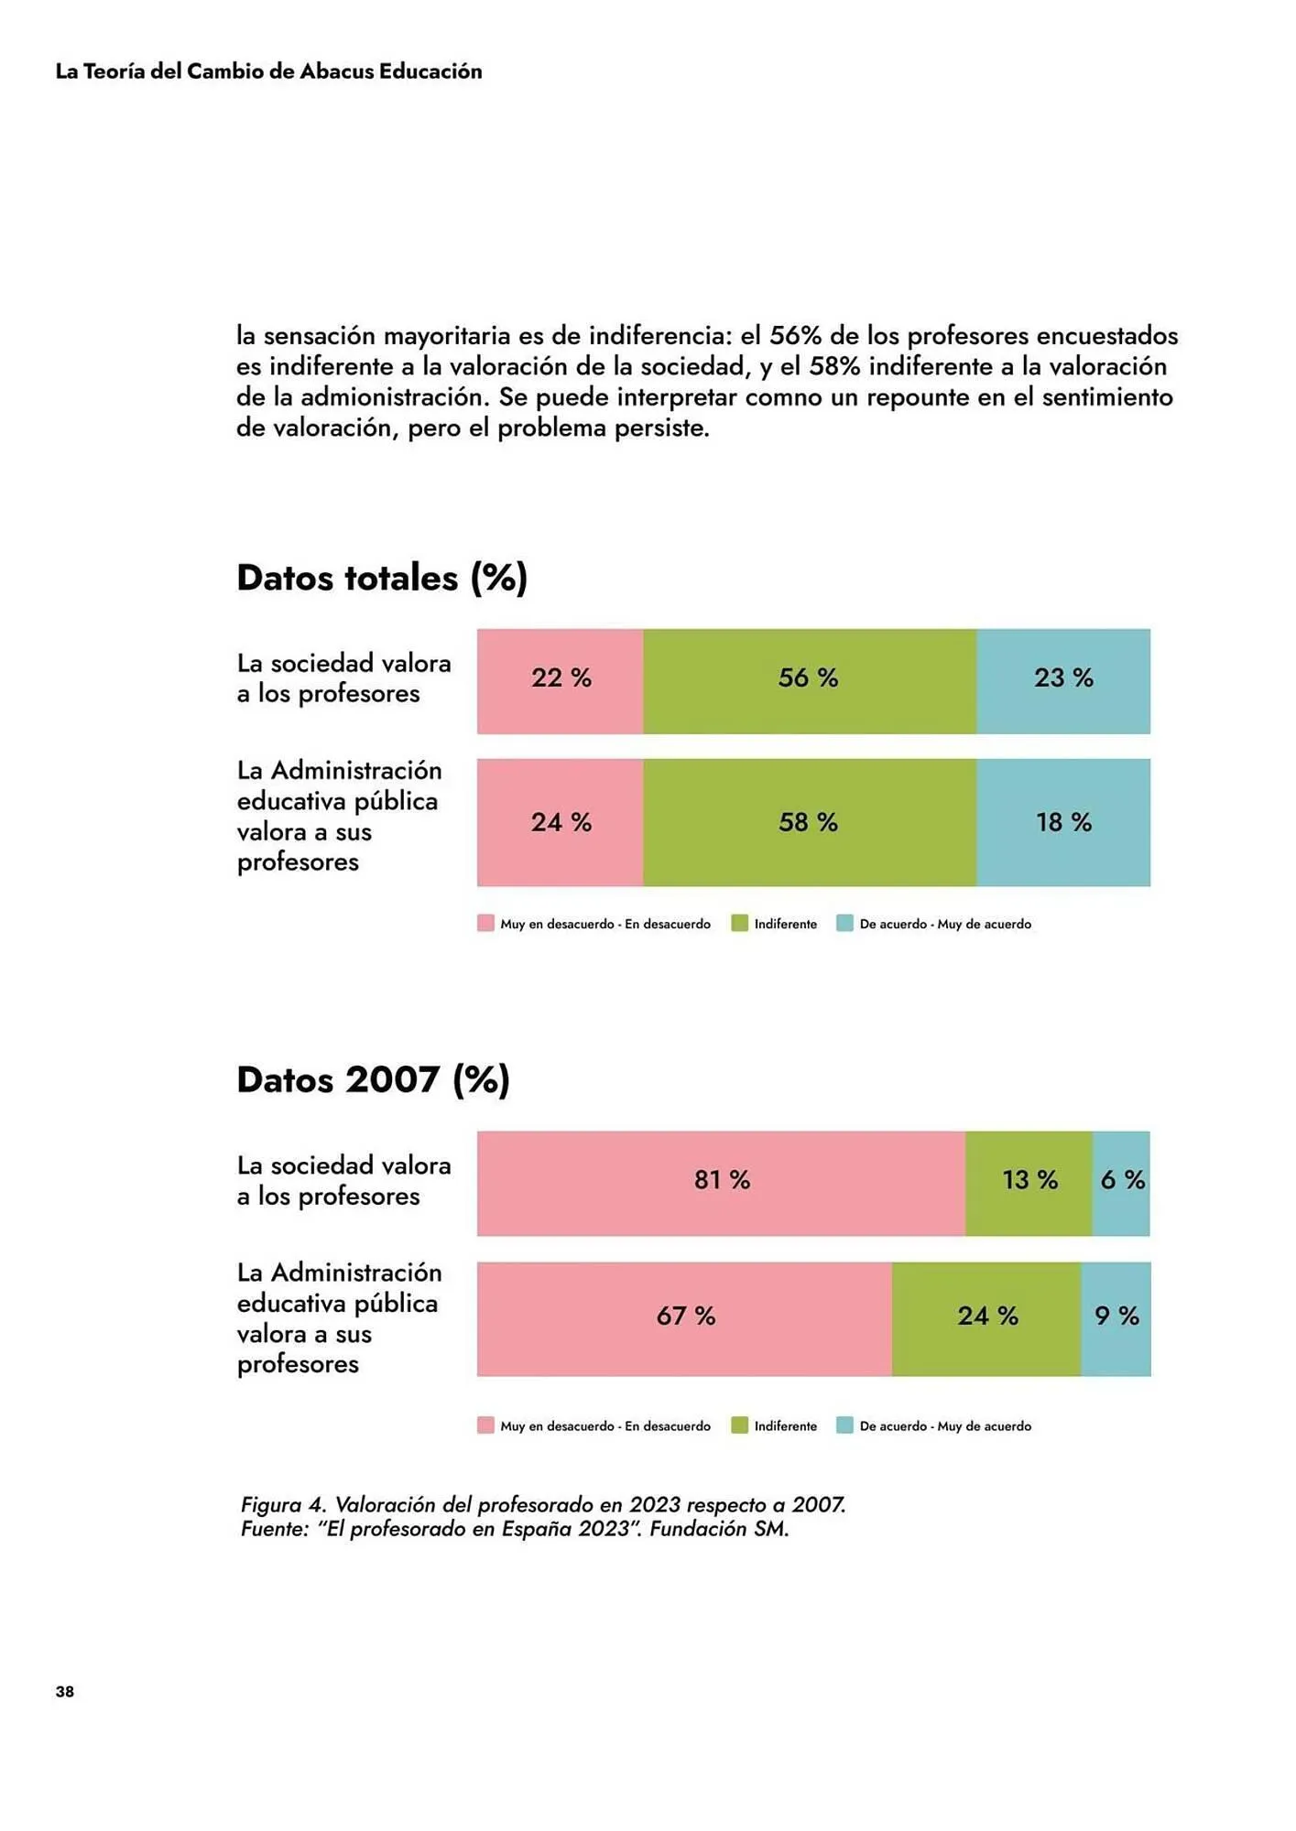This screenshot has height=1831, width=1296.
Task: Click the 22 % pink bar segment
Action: [560, 680]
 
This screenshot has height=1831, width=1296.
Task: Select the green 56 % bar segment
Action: [809, 680]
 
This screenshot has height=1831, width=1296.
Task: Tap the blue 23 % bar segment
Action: [1062, 680]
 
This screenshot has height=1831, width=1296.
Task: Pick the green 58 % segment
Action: [809, 821]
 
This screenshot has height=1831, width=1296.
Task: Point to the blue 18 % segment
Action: [1062, 821]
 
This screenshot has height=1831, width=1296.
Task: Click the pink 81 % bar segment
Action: [721, 1182]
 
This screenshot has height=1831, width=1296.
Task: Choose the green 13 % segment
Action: [1029, 1182]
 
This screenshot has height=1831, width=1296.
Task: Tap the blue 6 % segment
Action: [1121, 1182]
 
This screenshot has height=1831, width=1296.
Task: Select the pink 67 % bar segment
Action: [684, 1317]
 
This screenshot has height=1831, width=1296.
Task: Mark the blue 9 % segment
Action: [1116, 1317]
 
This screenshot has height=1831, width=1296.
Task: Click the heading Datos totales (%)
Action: [382, 578]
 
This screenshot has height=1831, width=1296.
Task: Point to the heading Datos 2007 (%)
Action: [373, 1079]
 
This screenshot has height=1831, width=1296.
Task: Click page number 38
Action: [64, 1691]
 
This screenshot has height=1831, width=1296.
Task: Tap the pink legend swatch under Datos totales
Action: [485, 923]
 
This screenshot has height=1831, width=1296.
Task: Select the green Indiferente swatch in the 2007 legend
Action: [740, 1425]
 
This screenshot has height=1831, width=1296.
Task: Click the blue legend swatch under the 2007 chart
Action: [844, 1425]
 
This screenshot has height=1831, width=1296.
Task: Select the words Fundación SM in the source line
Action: [719, 1529]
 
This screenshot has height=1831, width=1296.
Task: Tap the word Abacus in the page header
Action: [336, 71]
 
